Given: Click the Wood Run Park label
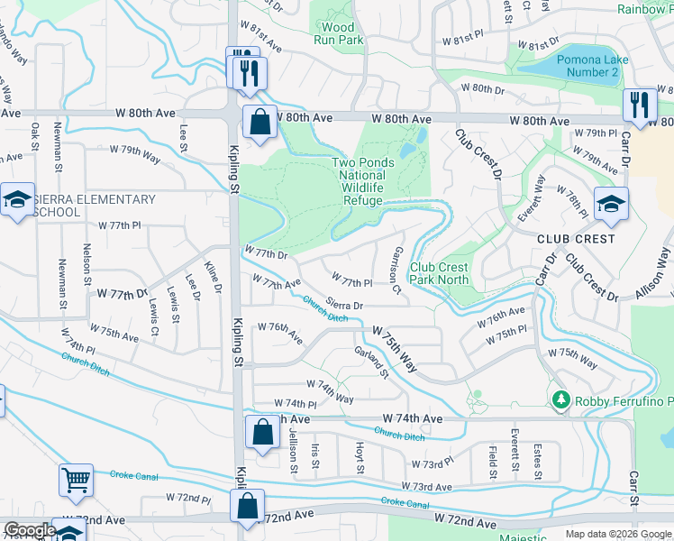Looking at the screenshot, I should [338, 33].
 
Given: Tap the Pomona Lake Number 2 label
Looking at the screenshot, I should [587, 65].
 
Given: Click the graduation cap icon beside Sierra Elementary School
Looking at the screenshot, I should [16, 201].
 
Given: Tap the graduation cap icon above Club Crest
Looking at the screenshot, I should [610, 204].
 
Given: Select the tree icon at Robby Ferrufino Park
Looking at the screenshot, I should [560, 399].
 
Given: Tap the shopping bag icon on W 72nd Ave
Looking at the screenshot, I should [247, 508].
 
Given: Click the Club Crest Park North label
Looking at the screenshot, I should [439, 273].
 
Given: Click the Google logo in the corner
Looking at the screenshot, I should [30, 530].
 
